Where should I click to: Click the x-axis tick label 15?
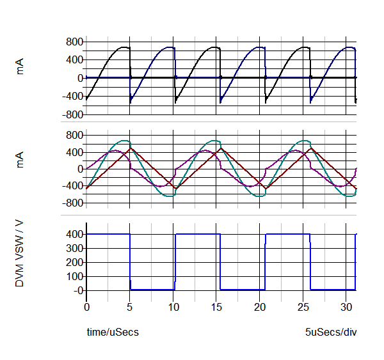220,307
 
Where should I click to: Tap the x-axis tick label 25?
310,307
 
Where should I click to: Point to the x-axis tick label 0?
87,307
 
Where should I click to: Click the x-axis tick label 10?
174,307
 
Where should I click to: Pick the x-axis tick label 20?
265,307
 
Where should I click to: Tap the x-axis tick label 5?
130,307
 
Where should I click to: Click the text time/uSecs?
113,333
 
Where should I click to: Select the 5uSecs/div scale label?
331,333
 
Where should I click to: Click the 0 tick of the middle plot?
80,169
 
